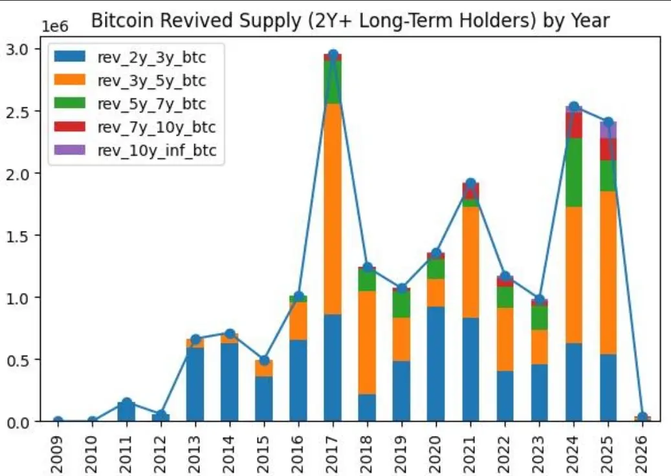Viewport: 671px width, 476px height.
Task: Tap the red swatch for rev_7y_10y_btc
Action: [67, 127]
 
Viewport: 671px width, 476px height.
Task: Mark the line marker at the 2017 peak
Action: [333, 56]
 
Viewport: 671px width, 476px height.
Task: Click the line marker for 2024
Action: [573, 107]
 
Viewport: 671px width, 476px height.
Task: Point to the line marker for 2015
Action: [264, 360]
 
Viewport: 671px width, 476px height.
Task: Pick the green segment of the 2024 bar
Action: [573, 172]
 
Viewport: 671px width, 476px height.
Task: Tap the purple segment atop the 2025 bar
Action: [608, 129]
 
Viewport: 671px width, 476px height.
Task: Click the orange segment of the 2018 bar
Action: [368, 343]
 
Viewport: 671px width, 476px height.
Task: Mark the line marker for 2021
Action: [470, 184]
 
